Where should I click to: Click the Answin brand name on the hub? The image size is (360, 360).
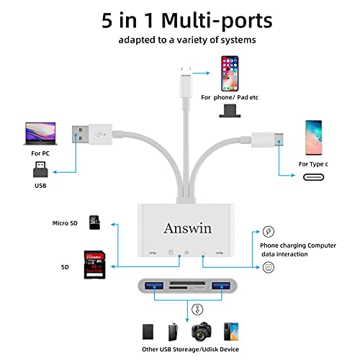point(188,228)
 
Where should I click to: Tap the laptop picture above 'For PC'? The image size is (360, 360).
point(40,134)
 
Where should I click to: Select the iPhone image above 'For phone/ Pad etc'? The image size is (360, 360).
point(230,73)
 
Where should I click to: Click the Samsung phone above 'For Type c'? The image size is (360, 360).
point(313,138)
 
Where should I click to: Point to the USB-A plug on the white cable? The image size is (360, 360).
point(92,134)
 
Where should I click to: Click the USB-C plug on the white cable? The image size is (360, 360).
point(267,140)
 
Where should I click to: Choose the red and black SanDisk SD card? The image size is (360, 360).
point(94,265)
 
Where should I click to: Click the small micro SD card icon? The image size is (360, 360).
point(94,222)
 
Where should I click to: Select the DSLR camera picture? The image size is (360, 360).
point(202,331)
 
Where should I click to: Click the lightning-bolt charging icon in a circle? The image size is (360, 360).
point(269,232)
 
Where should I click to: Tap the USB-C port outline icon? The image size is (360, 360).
point(313,177)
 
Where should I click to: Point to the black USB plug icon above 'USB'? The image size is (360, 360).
point(40,169)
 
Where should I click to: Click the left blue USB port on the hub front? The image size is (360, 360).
point(154,286)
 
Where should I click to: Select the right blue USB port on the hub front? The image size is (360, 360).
point(221,286)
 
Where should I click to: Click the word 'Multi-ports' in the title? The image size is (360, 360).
point(217,21)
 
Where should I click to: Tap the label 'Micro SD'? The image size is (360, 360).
point(65,223)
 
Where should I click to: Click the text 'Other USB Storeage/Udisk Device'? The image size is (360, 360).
point(190,349)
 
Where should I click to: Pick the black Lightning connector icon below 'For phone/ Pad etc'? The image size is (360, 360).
point(230,111)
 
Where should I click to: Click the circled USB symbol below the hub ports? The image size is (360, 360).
point(197,310)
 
